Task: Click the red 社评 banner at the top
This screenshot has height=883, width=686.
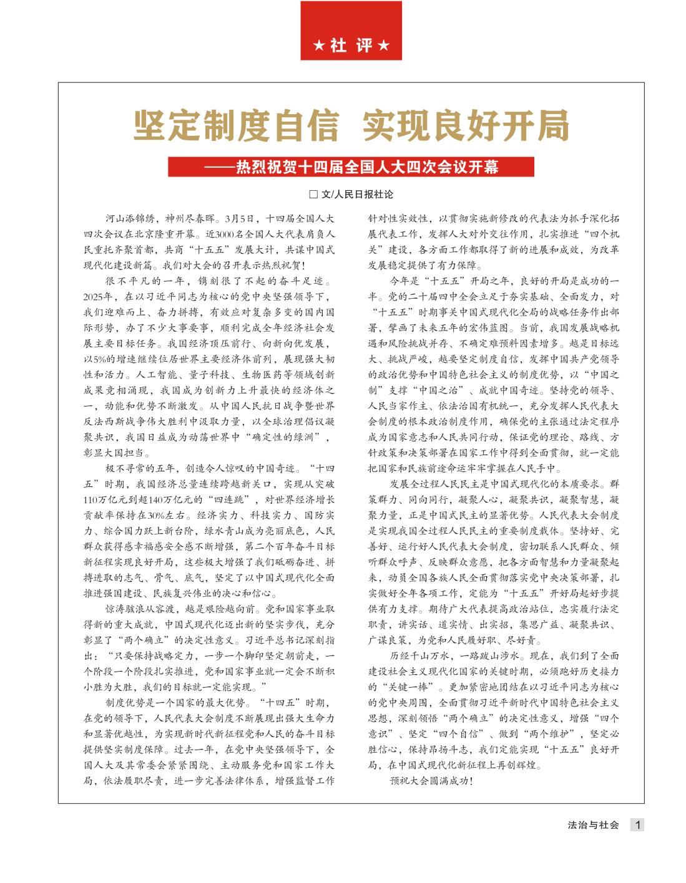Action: (x=351, y=31)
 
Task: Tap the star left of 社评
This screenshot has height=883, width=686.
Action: (x=319, y=47)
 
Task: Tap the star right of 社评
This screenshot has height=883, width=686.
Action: (x=384, y=47)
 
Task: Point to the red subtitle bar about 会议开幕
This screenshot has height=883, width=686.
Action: (x=351, y=167)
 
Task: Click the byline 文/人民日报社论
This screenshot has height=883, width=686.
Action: (x=357, y=195)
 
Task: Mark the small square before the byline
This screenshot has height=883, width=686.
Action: (x=314, y=195)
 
